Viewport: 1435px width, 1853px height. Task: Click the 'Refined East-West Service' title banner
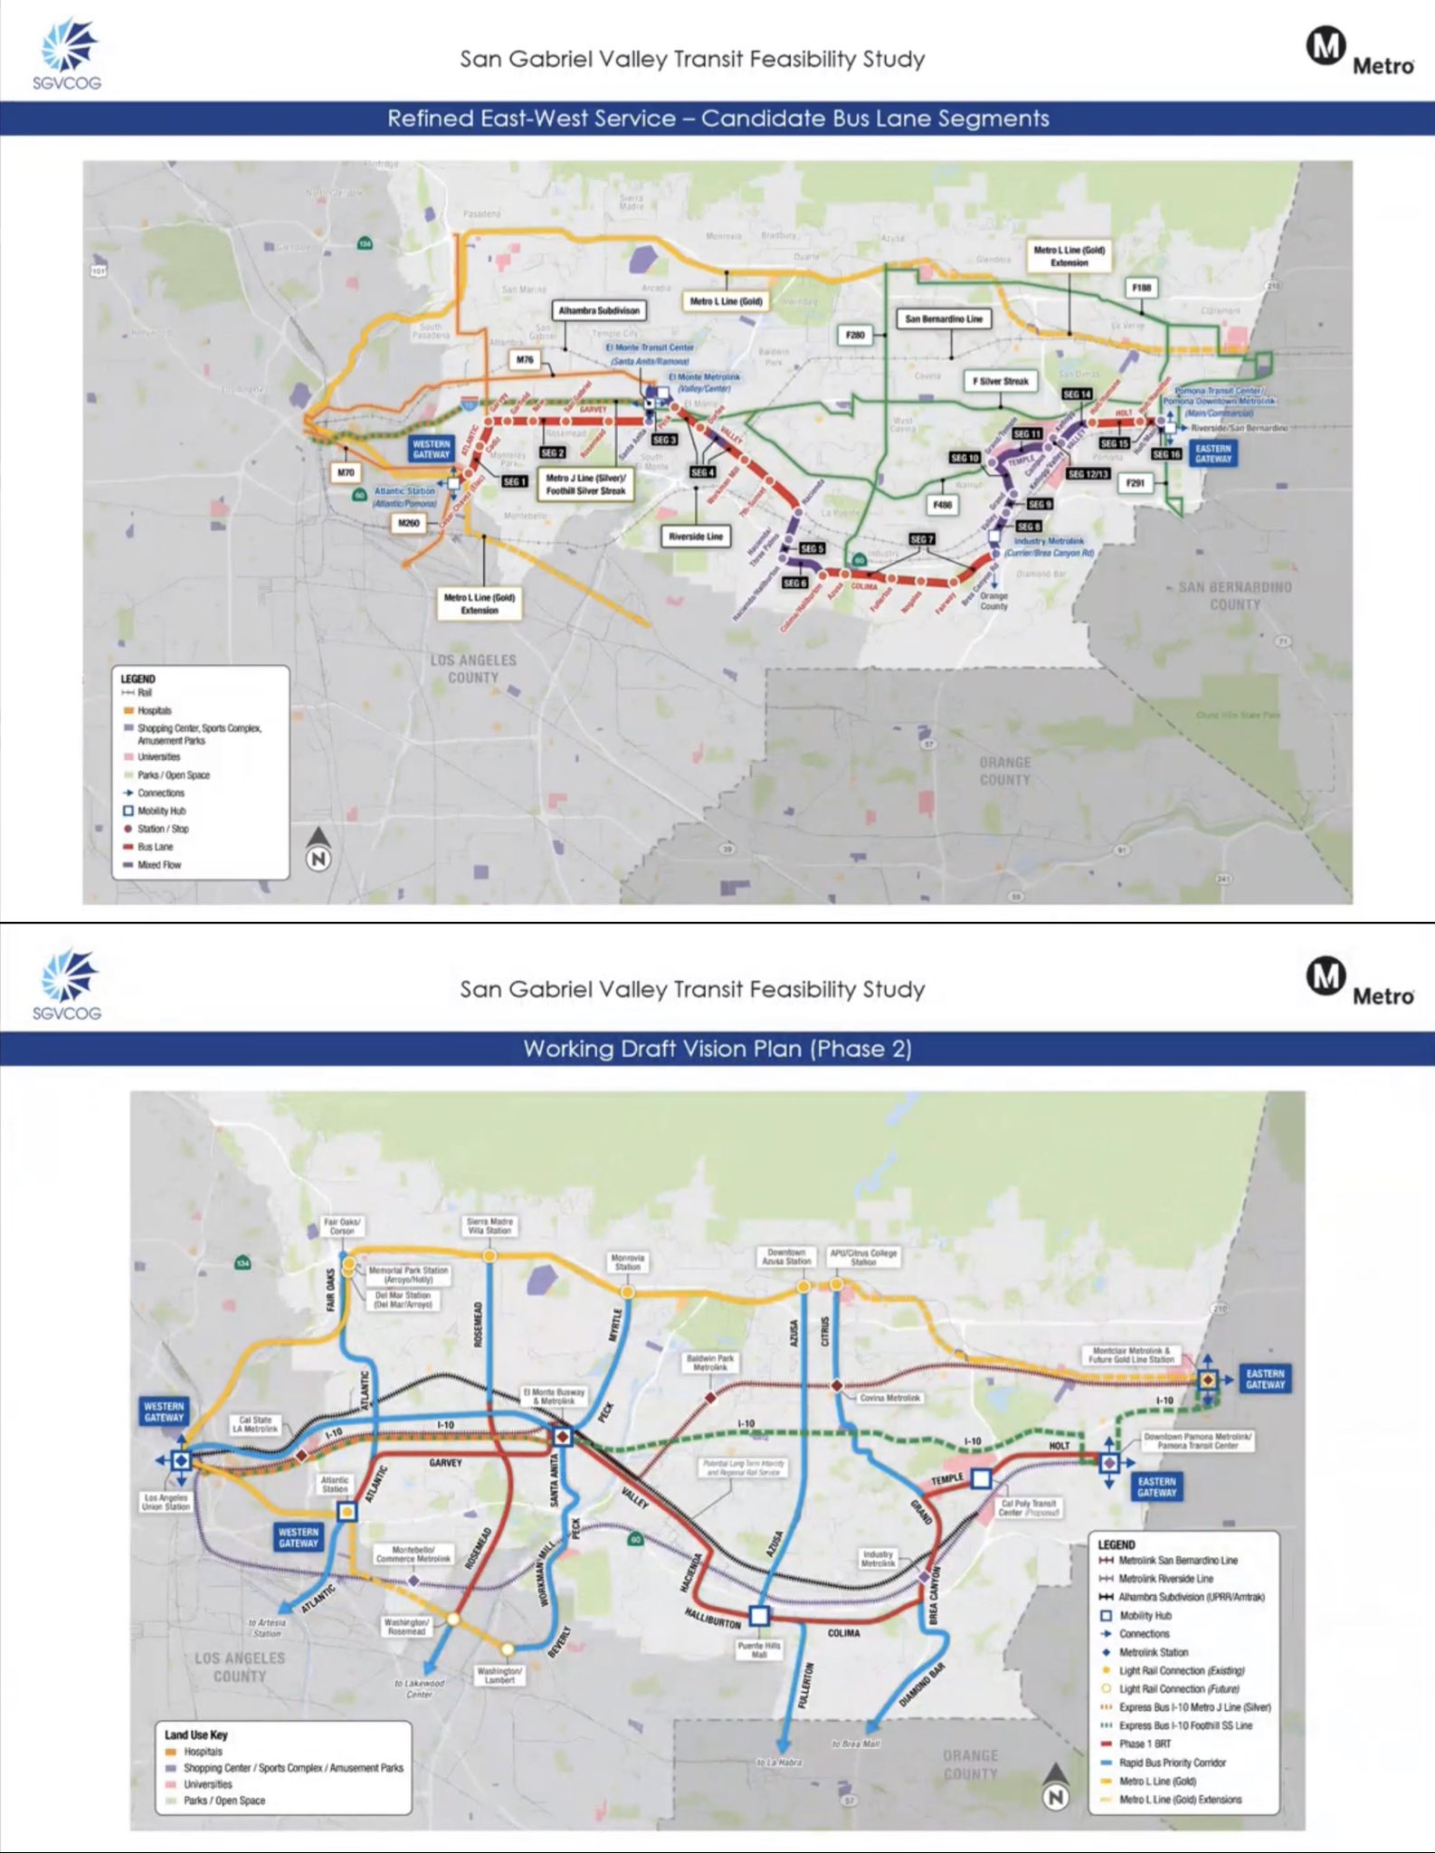[717, 119]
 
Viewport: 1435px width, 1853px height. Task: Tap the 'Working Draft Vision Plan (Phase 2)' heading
[717, 1049]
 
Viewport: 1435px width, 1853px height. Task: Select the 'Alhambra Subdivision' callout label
[599, 310]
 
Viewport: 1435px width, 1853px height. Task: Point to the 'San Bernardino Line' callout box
[944, 318]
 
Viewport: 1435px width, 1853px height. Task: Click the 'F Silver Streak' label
[1000, 381]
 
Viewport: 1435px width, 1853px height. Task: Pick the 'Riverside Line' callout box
[696, 537]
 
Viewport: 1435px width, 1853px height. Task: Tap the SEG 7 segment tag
[921, 539]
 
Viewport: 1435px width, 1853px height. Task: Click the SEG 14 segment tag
[1077, 394]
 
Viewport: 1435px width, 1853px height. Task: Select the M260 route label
[409, 523]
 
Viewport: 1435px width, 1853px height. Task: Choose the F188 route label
[1141, 288]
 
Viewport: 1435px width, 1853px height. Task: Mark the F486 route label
[943, 505]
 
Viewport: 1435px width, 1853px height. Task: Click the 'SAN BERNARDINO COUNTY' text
[1234, 595]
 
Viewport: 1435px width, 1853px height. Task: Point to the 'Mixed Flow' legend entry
[159, 865]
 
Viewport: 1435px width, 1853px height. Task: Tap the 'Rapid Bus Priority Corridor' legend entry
[1172, 1763]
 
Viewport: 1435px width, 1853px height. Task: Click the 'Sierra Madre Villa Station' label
[489, 1226]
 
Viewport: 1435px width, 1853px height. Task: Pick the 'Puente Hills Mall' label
[759, 1649]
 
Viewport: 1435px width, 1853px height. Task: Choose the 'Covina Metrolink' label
[890, 1398]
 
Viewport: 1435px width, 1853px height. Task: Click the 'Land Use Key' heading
[195, 1734]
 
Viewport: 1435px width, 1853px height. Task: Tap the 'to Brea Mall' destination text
[855, 1743]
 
